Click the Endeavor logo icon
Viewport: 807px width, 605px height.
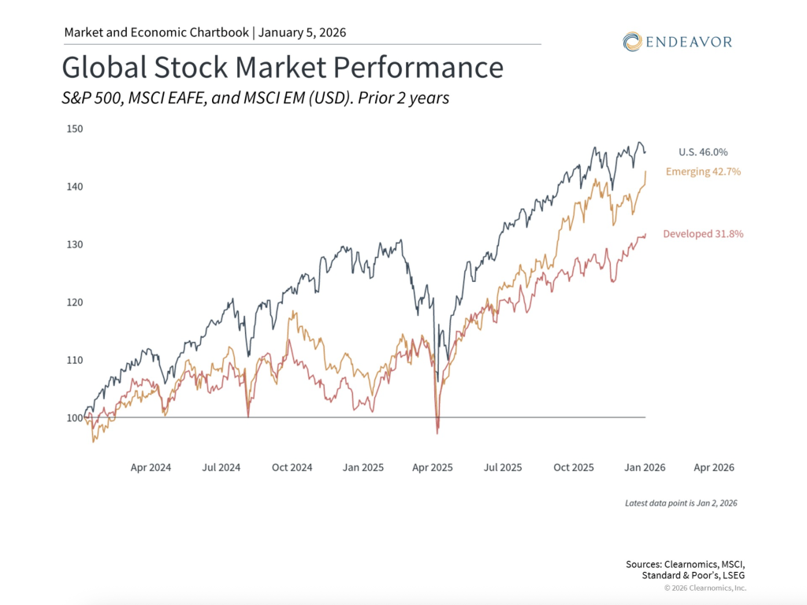[x=632, y=41]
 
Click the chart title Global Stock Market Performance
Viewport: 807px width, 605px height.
[x=282, y=68]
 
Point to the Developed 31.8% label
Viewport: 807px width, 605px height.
[x=703, y=233]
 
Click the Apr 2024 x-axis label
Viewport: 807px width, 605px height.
[x=151, y=467]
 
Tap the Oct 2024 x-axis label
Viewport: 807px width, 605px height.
[x=292, y=467]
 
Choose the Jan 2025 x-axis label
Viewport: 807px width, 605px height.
[x=363, y=467]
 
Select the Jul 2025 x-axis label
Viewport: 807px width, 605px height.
[x=502, y=467]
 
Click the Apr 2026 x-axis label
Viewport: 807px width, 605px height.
[x=713, y=467]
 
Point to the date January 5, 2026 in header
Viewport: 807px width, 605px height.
[x=302, y=32]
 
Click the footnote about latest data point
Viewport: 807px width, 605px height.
[x=681, y=503]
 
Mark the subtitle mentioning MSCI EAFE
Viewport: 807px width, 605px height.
[x=255, y=98]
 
